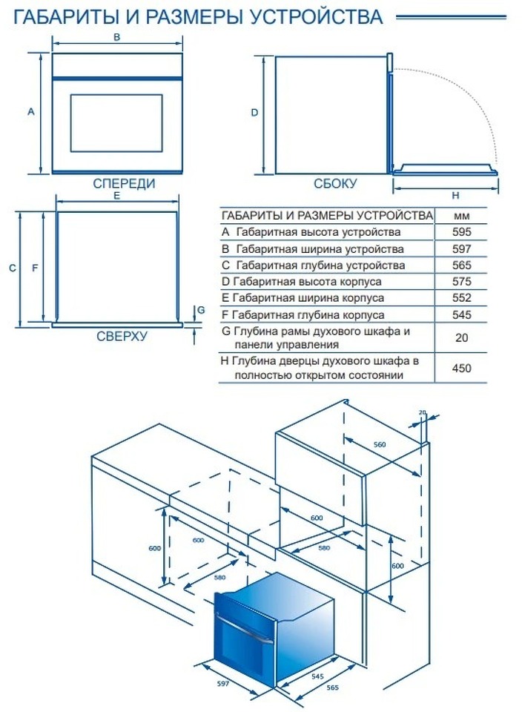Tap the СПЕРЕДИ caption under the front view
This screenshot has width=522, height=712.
point(124,183)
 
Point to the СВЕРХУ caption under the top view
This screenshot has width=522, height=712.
point(122,336)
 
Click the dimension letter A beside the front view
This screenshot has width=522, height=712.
point(31,112)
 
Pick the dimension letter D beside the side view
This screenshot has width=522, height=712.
point(254,113)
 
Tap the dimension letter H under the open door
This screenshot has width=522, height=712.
point(455,196)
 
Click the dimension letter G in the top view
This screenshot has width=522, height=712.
point(200,309)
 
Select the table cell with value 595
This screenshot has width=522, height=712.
point(461,232)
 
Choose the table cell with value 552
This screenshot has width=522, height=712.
point(461,298)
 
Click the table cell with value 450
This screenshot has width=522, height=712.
point(461,368)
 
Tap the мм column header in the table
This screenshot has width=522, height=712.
point(461,215)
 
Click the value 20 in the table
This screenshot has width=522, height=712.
point(461,337)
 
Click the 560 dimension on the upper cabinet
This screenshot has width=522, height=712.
point(380,444)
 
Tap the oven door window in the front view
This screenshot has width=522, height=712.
point(116,120)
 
